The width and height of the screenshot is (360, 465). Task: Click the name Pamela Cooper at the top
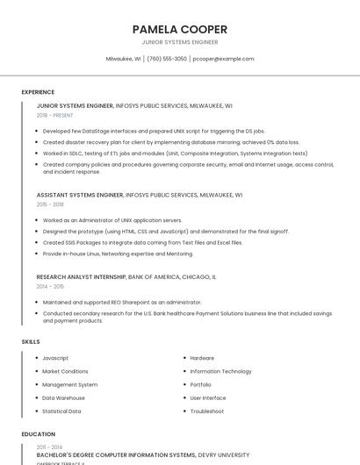(x=179, y=29)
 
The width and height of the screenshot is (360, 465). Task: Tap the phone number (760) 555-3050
(x=167, y=59)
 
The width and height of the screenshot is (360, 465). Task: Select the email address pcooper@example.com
(x=223, y=59)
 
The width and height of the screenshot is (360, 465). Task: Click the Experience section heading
(x=38, y=91)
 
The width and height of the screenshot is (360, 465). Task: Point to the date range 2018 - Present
(x=55, y=115)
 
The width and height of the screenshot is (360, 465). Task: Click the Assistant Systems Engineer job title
(x=75, y=195)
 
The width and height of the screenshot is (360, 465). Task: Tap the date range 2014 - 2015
(x=50, y=286)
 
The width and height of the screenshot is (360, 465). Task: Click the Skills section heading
(x=30, y=341)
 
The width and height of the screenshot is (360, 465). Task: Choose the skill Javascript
(x=55, y=358)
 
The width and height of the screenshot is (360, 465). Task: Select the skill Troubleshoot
(x=207, y=411)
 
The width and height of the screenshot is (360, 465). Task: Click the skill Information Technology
(x=220, y=371)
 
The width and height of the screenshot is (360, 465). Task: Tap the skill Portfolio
(x=200, y=384)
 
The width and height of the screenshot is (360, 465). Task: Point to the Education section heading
(x=38, y=433)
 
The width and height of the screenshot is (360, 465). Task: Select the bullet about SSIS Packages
(x=142, y=242)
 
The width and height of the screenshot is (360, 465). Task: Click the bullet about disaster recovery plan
(x=170, y=141)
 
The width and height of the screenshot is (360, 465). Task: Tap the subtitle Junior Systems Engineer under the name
(x=179, y=42)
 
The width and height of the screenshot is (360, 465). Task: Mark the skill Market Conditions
(x=65, y=371)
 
